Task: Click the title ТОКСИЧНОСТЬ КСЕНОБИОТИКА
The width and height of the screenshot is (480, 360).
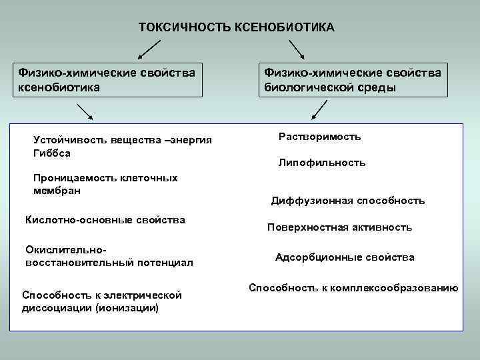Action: click(237, 27)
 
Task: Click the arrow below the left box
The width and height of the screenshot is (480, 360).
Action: click(84, 111)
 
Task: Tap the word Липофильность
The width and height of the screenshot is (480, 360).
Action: click(321, 163)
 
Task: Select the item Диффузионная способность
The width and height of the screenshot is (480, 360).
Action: click(347, 201)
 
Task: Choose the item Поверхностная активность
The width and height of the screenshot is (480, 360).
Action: click(339, 227)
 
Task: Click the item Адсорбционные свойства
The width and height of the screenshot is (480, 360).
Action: click(345, 257)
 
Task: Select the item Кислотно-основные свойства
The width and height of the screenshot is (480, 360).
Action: click(105, 220)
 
